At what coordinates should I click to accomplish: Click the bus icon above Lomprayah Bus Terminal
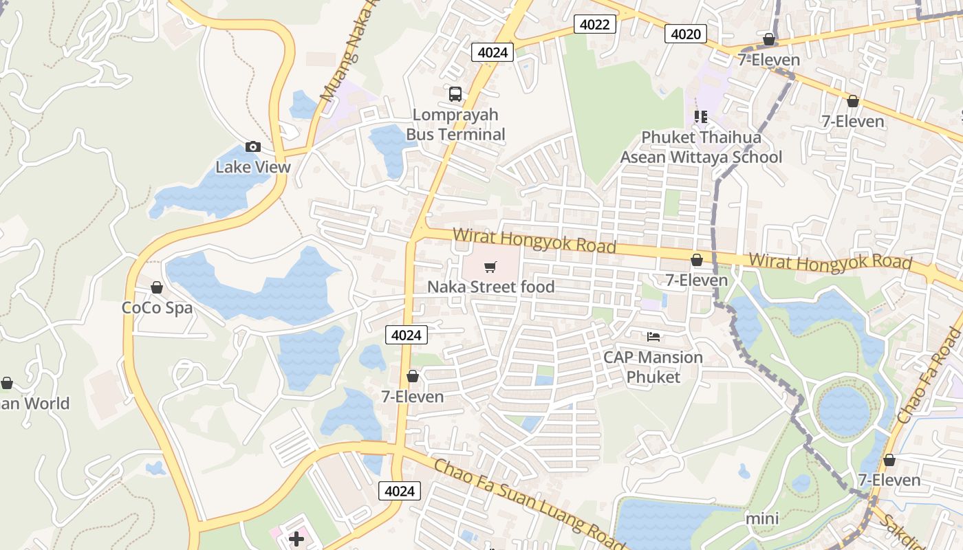point(455,93)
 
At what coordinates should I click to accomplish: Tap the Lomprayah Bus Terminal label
point(455,124)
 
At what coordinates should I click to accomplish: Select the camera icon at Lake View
point(253,146)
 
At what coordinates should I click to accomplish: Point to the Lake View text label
point(253,167)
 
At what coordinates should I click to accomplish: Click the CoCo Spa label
point(158,307)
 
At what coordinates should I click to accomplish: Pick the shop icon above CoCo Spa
point(157,287)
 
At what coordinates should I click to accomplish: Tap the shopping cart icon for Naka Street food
point(490,267)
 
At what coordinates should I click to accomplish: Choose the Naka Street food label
point(491,287)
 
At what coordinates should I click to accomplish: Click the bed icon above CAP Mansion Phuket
point(653,336)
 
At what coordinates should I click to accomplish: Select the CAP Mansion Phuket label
point(653,367)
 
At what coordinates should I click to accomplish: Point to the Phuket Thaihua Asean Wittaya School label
point(701,147)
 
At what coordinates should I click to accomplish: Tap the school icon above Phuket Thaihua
point(701,116)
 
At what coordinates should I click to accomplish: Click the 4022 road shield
point(594,25)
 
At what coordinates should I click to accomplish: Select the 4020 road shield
point(686,34)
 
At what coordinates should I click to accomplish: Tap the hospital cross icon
point(296,538)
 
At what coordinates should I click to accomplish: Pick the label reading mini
point(762,518)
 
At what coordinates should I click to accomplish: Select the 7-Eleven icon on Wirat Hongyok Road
point(696,260)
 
